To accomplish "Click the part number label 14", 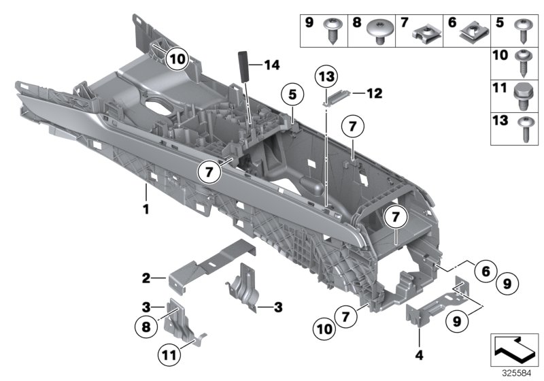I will pyautogui.click(x=272, y=65).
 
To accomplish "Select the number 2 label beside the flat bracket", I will pyautogui.click(x=146, y=278).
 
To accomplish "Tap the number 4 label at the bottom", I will pyautogui.click(x=418, y=354).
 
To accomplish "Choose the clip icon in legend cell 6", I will pyautogui.click(x=469, y=29).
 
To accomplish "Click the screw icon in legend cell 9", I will pyautogui.click(x=335, y=29).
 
